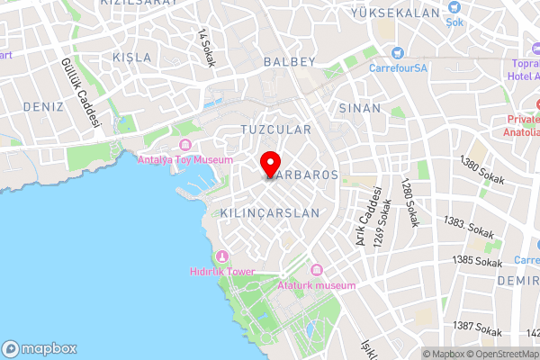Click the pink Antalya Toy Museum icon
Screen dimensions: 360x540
tap(185, 146)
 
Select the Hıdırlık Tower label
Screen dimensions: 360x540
tap(222, 271)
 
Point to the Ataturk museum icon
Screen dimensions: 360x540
tap(316, 270)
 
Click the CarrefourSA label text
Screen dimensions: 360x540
tap(402, 66)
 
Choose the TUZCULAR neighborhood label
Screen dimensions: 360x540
tap(275, 130)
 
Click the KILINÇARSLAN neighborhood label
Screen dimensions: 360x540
tap(270, 213)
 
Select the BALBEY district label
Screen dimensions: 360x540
tap(290, 62)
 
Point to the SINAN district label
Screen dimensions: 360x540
tap(354, 107)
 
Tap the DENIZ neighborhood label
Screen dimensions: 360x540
tap(43, 106)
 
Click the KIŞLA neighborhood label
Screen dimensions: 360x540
tap(132, 57)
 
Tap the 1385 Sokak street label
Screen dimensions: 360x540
tap(477, 262)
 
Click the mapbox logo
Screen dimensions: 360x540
tap(40, 348)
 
